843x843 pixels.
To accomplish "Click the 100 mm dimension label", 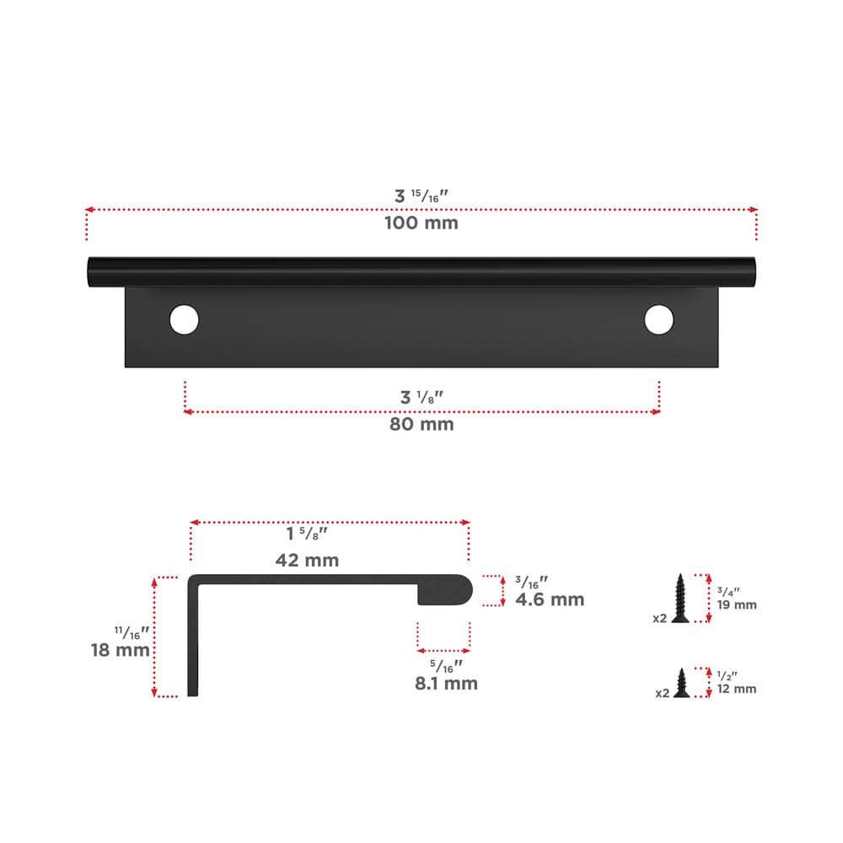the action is (x=421, y=223).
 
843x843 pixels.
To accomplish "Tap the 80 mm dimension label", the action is (x=421, y=424).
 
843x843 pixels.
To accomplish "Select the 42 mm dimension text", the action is (x=307, y=561).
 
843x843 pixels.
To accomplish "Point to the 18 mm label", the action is (x=120, y=650).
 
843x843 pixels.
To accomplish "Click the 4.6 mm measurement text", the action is (x=550, y=599).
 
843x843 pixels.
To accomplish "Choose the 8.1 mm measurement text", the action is (x=446, y=684).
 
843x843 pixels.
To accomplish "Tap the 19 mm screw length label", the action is (x=737, y=604).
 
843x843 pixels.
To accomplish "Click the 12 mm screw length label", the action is (x=737, y=689).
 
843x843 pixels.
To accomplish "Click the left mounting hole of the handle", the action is (x=184, y=319).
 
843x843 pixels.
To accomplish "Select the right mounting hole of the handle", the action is (x=658, y=319).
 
